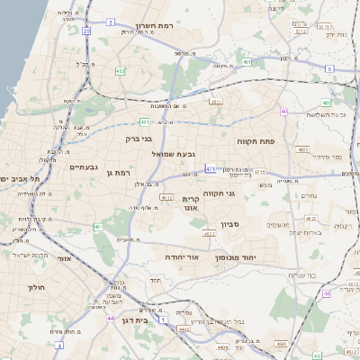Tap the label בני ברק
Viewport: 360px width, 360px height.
(x=139, y=139)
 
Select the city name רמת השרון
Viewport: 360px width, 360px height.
(x=153, y=26)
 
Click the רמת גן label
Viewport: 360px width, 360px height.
(x=118, y=172)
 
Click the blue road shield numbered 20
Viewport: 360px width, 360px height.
(x=86, y=31)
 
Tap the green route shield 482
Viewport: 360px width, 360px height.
(x=121, y=70)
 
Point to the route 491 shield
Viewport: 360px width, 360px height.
(x=247, y=63)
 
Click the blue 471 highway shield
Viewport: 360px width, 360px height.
(x=211, y=167)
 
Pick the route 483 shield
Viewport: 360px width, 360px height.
(x=302, y=149)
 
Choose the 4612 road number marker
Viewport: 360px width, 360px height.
(x=166, y=196)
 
